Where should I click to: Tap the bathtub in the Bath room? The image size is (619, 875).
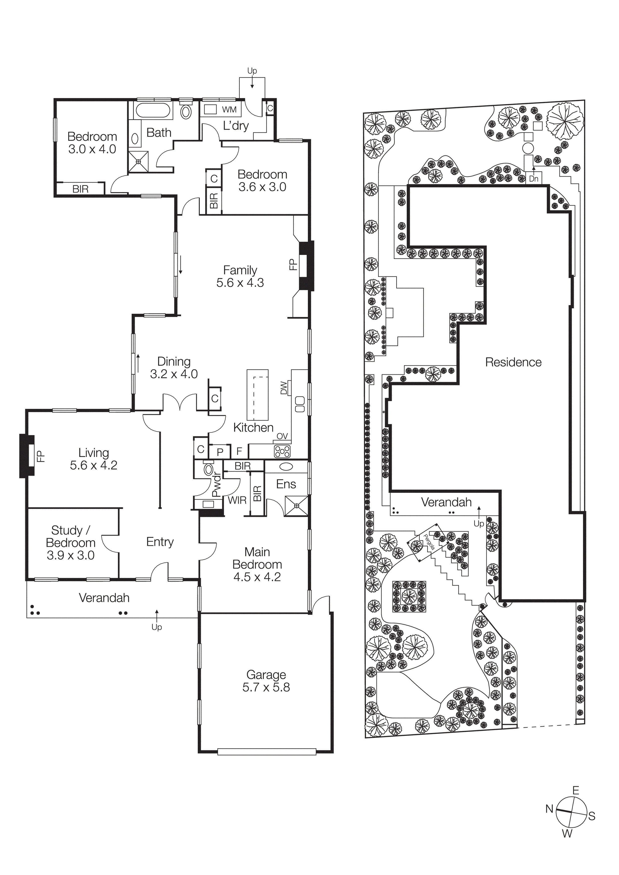tap(153, 110)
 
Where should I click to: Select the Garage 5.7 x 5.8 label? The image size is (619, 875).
tap(266, 681)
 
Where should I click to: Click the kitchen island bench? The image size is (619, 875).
tap(257, 394)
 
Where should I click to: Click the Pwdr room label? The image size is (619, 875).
tap(216, 484)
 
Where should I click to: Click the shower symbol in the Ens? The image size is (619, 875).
tap(296, 506)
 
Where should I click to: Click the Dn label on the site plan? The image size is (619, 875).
tap(534, 178)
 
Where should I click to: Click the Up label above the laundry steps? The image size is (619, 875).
tap(252, 71)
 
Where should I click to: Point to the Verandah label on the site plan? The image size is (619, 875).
tap(446, 502)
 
